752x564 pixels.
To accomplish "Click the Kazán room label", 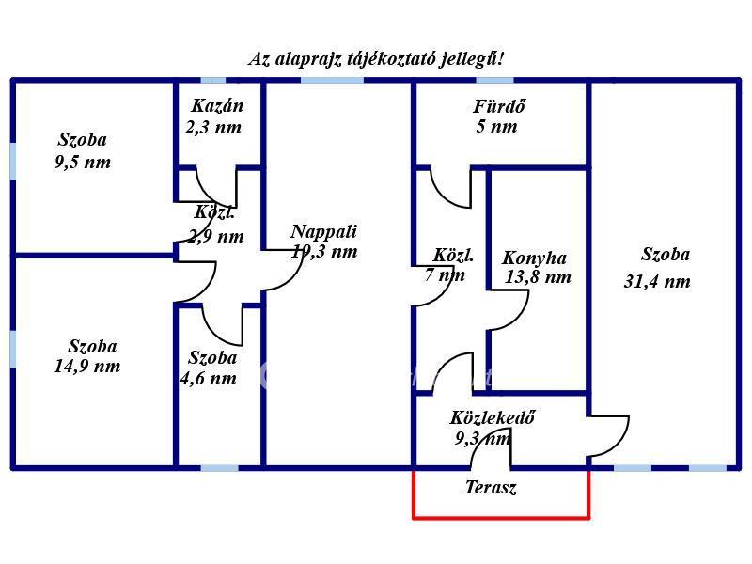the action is click(217, 105).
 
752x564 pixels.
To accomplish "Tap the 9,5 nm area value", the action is click(83, 162).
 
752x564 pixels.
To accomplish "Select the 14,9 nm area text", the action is click(86, 367).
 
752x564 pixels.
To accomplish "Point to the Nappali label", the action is click(323, 231).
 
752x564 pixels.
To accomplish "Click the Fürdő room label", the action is click(499, 106).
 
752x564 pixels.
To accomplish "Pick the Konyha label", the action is click(534, 258).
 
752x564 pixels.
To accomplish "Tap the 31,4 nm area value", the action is click(657, 281).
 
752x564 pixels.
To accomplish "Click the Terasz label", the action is click(491, 487).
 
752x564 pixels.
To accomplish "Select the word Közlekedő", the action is click(492, 417).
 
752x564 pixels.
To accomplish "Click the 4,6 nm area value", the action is click(208, 379).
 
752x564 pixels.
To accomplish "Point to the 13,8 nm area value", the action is click(538, 276).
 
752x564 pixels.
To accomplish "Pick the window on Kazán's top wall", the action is click(213, 80).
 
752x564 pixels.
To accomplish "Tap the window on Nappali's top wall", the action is click(332, 80).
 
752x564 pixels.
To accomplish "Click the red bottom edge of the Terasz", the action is click(501, 518).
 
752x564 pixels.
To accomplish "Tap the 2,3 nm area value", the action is click(213, 128).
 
